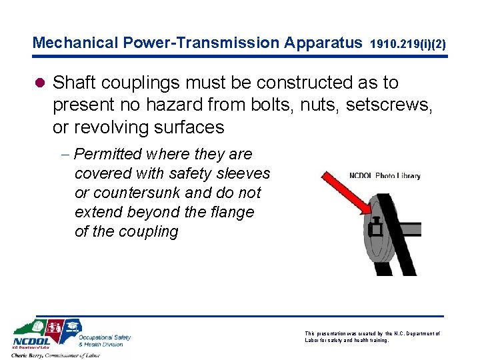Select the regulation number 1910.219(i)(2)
pos(407,45)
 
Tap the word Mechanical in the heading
pos(76,43)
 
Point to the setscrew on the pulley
pos(375,229)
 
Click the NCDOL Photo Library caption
pos(385,176)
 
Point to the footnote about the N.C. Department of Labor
pos(372,337)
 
